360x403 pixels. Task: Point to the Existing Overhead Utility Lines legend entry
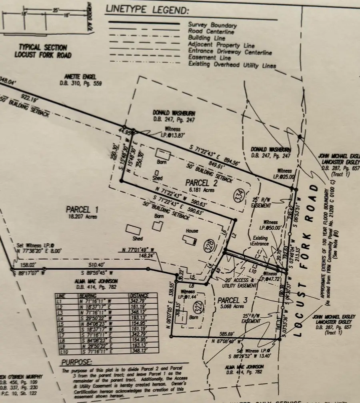[x=232, y=65]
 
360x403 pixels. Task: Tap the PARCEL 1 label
[x=83, y=209]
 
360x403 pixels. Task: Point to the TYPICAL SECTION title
[x=40, y=48]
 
